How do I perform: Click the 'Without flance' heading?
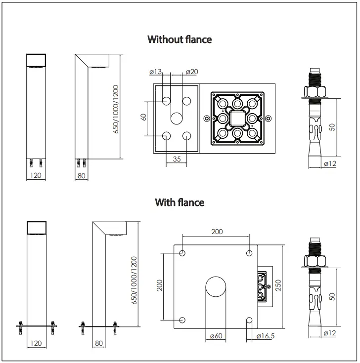click(x=180, y=40)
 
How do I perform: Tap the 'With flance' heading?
click(x=180, y=202)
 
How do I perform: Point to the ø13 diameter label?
click(x=156, y=73)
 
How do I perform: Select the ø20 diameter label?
click(x=192, y=73)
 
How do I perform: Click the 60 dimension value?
click(x=143, y=118)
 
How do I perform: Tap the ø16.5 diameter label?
click(x=266, y=337)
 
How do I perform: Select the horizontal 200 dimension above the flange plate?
click(x=217, y=231)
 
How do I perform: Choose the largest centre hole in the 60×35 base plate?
click(x=177, y=118)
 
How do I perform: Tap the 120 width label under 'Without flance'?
click(x=35, y=175)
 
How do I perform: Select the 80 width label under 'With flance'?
click(x=98, y=342)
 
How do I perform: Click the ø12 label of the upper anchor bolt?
click(x=330, y=163)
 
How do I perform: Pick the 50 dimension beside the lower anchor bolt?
click(x=333, y=296)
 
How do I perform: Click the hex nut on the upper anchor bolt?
click(x=315, y=91)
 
